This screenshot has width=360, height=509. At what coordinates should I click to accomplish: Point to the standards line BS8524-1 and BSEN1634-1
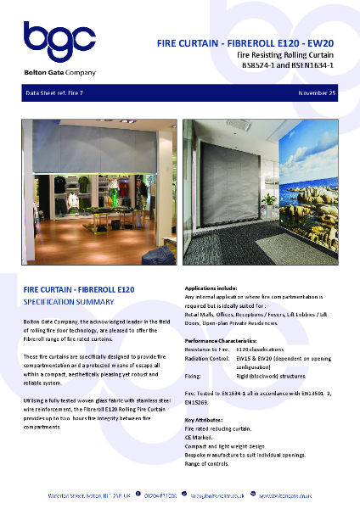tap(288, 64)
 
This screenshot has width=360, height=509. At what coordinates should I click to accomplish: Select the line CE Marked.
tap(201, 439)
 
